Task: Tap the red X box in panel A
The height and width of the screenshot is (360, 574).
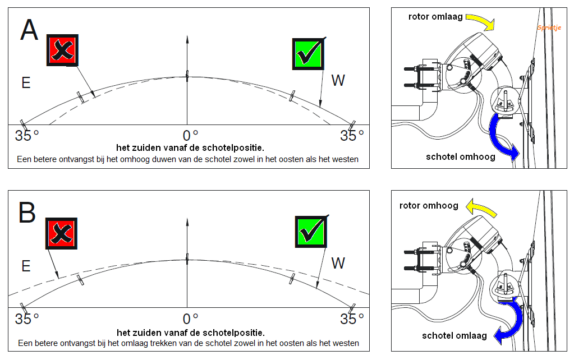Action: tap(62, 50)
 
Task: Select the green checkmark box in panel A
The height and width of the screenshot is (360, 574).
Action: tap(308, 54)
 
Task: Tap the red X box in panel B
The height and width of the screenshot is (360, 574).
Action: tap(62, 233)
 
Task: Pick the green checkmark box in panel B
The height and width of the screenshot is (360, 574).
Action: tap(311, 232)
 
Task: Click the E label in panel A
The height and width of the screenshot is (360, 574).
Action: tap(26, 83)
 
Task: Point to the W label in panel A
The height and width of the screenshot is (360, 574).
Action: tap(338, 81)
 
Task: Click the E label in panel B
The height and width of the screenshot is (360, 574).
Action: tap(26, 266)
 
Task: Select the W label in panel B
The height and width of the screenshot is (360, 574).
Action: tap(338, 263)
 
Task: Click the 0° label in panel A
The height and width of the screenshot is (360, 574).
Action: tap(191, 135)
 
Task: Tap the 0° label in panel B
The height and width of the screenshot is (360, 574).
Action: tap(191, 319)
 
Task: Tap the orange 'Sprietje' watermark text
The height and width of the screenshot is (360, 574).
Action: tap(549, 27)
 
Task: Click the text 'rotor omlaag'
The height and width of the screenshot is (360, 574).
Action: tap(435, 17)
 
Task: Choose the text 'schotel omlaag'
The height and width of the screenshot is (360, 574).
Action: tap(454, 335)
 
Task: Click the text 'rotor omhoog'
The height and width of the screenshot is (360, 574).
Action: tap(429, 206)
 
